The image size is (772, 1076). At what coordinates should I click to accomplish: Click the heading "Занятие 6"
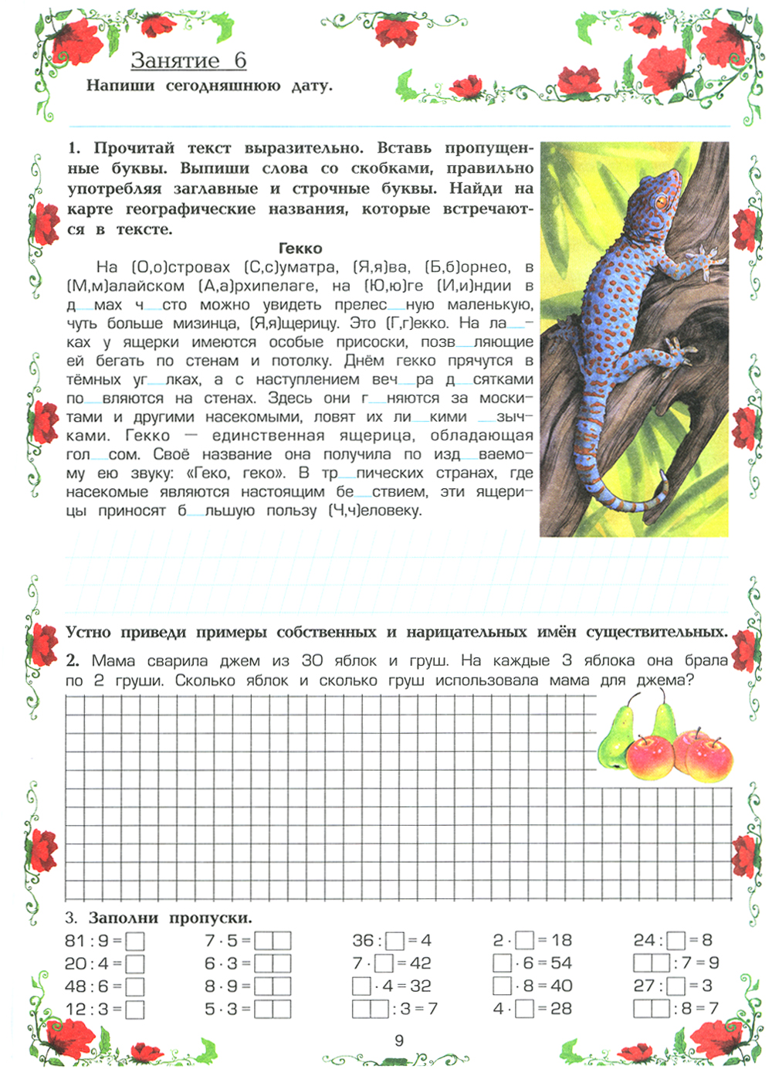point(188,60)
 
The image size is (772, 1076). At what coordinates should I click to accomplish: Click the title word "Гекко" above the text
point(300,248)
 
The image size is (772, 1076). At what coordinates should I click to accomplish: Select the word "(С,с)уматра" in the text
point(291,267)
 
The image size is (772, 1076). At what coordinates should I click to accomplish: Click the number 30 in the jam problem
point(312,660)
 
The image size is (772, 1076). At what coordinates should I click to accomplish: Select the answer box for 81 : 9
point(135,942)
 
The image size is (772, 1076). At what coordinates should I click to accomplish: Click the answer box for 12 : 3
point(135,1010)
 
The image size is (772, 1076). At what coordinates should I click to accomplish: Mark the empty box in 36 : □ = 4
point(395,942)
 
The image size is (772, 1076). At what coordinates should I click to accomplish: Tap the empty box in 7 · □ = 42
point(384,964)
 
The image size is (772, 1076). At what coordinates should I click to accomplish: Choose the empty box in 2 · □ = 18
point(525,941)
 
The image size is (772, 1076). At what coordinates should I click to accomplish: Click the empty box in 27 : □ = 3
point(676,986)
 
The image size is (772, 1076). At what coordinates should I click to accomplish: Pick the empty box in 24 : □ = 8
point(676,941)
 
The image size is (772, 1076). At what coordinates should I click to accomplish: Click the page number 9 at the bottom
point(399,1040)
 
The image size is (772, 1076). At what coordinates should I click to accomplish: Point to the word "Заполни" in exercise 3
point(123,918)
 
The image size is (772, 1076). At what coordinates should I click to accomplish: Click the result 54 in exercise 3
point(561,963)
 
